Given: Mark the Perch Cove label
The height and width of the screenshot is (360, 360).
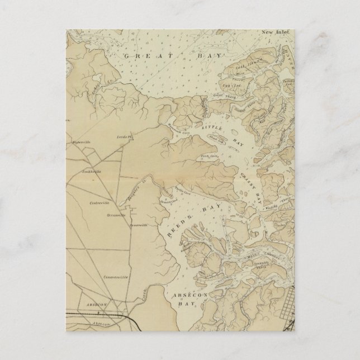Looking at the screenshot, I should click(x=210, y=158).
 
